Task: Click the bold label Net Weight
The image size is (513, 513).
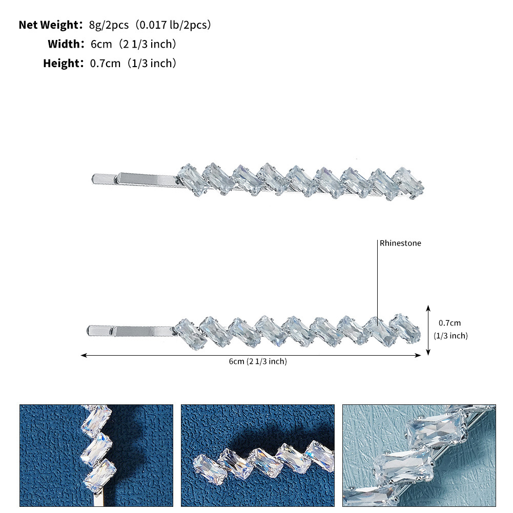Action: coord(49,25)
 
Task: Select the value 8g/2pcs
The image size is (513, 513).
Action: coord(109,25)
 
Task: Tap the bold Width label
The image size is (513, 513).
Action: coord(64,44)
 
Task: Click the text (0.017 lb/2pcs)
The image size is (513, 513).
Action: coord(173,25)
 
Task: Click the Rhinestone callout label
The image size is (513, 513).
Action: coord(400,243)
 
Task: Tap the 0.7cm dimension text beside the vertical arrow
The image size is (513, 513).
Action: coord(449,323)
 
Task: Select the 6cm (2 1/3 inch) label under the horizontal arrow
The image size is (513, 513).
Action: coord(258,361)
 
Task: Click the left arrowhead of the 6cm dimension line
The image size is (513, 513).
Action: coord(84,355)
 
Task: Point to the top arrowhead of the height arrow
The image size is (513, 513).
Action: coord(428,308)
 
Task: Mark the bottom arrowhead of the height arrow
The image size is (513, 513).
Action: coord(428,352)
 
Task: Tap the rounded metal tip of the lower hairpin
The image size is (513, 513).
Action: coord(89,331)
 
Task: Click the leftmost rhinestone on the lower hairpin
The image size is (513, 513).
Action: coord(190,334)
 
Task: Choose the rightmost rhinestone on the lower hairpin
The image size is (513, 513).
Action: coord(405,329)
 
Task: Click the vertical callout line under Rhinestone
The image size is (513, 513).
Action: coord(378,282)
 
